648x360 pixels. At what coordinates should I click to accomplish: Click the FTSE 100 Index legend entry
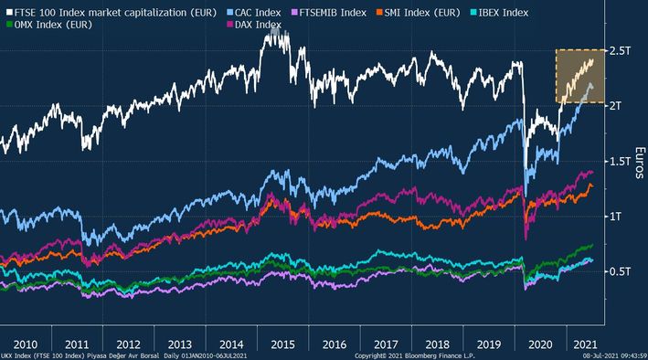[112, 13]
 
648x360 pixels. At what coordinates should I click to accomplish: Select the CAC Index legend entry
[254, 13]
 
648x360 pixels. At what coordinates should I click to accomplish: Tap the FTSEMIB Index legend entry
[329, 13]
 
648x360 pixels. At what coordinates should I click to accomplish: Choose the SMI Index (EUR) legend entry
[418, 13]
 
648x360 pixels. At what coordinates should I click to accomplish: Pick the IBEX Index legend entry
[499, 13]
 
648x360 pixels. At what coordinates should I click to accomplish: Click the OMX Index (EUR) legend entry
[49, 25]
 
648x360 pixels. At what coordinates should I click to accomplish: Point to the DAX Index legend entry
[254, 25]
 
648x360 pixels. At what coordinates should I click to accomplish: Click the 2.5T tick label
[620, 51]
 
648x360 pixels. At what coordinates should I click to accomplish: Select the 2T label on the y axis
[615, 106]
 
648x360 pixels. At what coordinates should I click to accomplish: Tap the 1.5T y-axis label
[620, 161]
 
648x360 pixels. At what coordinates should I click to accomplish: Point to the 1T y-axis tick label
[615, 217]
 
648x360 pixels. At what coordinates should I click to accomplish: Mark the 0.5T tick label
[620, 271]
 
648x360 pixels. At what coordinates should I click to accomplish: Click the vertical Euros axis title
[640, 163]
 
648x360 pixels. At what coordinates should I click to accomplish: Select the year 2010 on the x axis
[26, 344]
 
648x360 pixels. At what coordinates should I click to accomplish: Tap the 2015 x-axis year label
[282, 344]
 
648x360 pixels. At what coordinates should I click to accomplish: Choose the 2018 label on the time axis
[437, 344]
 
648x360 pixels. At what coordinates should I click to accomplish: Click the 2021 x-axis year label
[585, 344]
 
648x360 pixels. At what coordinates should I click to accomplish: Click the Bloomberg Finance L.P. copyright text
[415, 355]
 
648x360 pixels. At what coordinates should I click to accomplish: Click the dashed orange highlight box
[556, 77]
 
